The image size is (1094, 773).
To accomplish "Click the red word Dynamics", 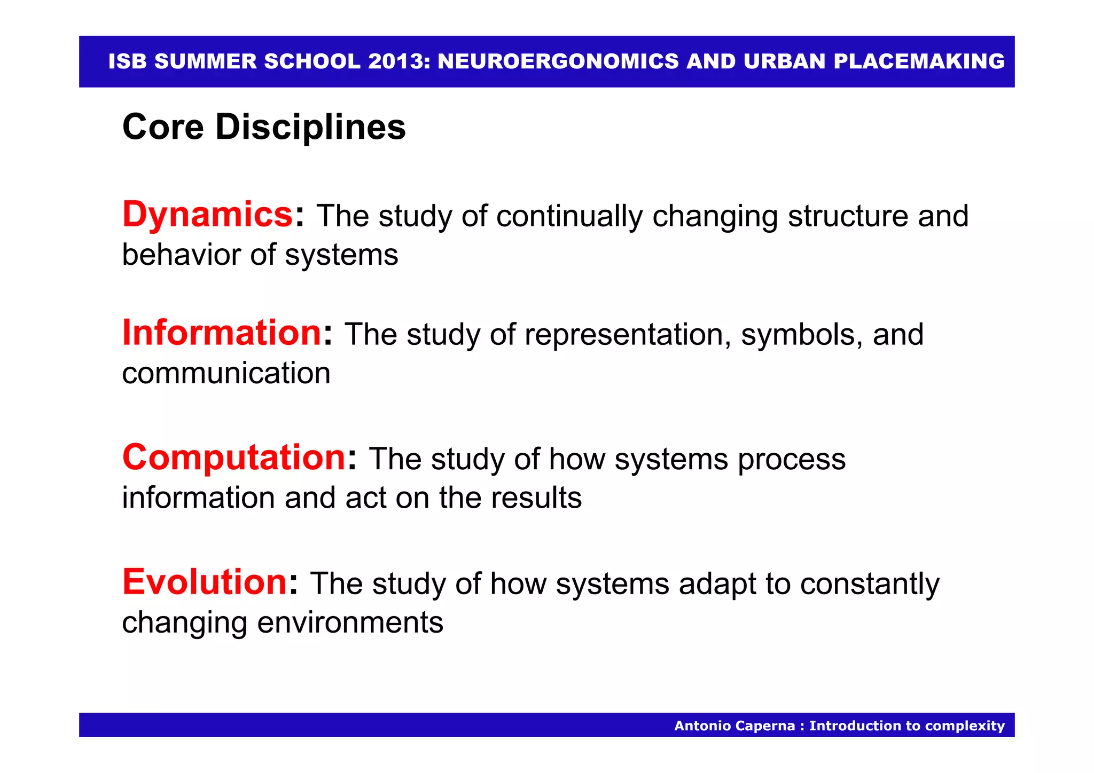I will click(x=207, y=215).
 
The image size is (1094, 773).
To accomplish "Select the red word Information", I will click(x=222, y=333).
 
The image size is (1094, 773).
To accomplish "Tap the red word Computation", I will click(x=234, y=458).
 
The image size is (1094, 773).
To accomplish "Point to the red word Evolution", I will click(x=205, y=582).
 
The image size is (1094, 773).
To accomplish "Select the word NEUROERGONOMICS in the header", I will click(x=558, y=61).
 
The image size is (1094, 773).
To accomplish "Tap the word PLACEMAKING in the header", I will click(x=919, y=61).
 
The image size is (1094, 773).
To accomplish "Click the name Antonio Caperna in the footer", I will click(x=734, y=725).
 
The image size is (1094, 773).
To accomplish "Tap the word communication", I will click(x=226, y=373).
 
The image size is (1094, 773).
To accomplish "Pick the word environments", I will click(x=350, y=622).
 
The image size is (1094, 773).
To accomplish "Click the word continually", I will click(x=569, y=216).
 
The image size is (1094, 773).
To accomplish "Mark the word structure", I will click(x=848, y=216).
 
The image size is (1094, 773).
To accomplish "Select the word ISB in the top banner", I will click(x=127, y=61).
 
